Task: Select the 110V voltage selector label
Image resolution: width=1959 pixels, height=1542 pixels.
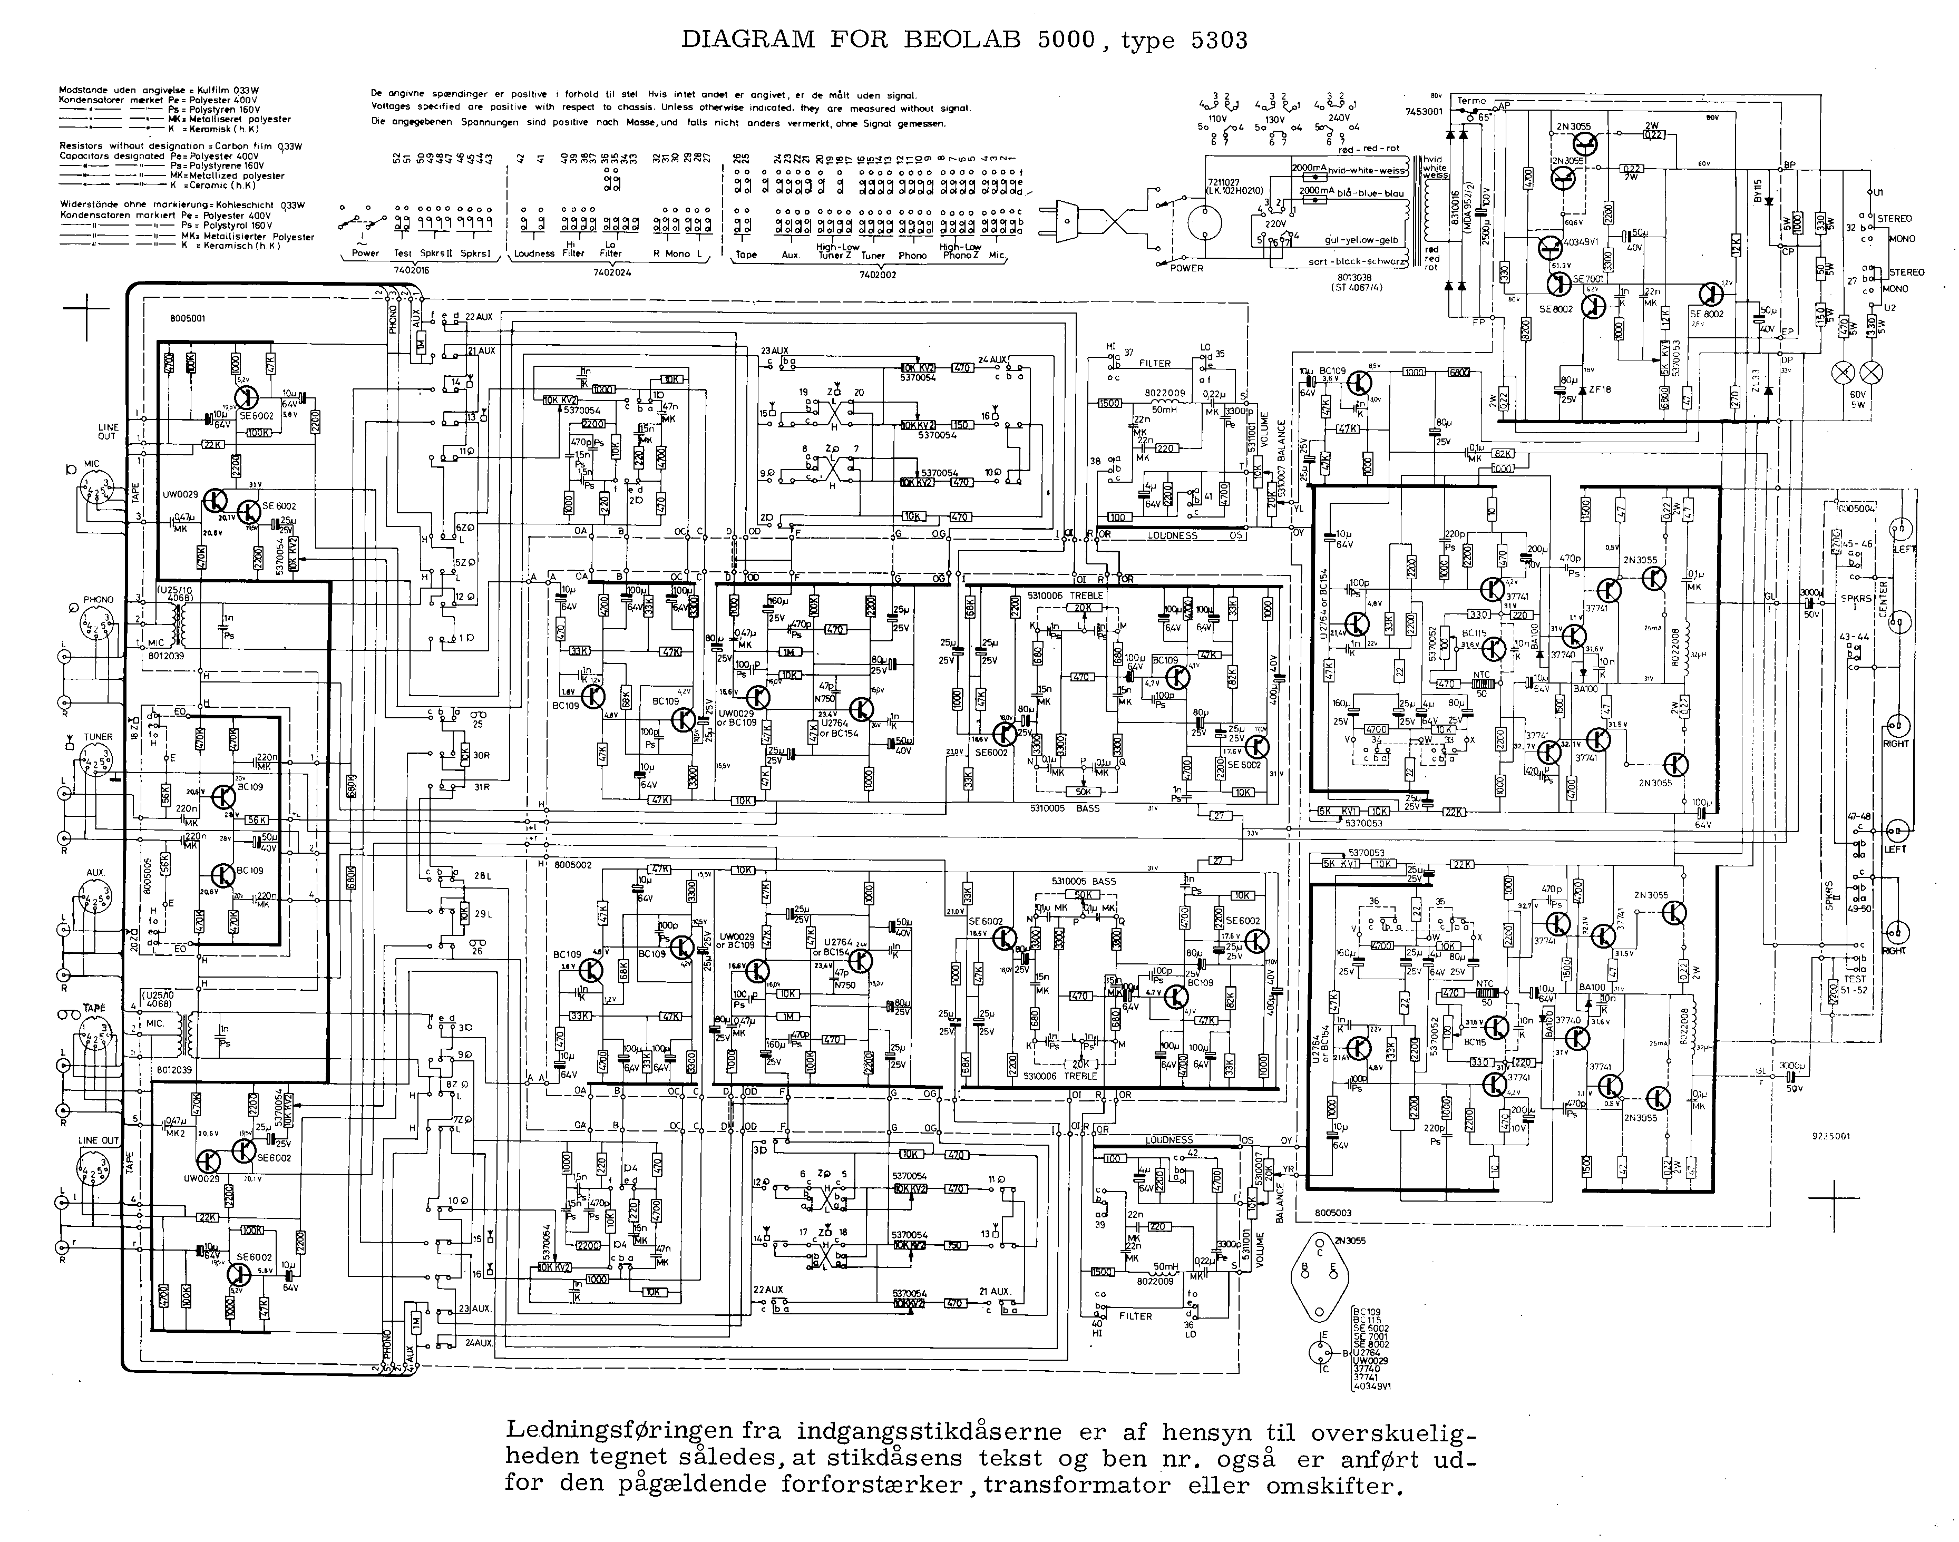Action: pos(1219,118)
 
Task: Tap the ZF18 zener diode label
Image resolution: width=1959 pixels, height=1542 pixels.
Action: pos(1600,389)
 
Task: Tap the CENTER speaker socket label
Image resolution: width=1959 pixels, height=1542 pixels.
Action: pos(1907,599)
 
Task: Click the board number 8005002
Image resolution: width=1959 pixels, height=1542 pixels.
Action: pos(574,865)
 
